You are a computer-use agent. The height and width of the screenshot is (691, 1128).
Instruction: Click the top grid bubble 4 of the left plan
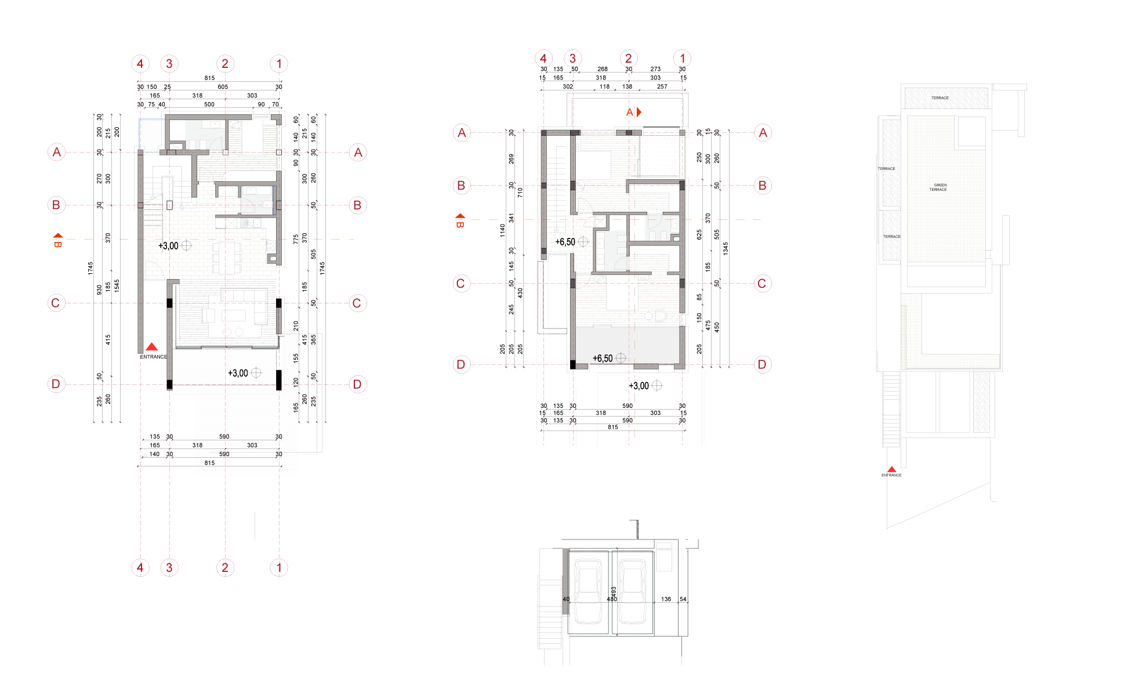[140, 64]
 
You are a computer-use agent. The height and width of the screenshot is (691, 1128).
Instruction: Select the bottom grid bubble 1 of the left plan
[279, 567]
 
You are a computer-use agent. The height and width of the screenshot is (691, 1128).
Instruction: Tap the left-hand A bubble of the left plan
[56, 153]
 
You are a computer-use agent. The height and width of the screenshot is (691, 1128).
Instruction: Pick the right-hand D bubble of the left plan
[357, 384]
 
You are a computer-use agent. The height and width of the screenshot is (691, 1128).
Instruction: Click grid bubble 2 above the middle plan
[629, 59]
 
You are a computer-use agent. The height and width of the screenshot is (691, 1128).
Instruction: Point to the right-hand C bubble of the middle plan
[763, 284]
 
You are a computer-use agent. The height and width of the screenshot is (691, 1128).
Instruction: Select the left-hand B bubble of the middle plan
[461, 186]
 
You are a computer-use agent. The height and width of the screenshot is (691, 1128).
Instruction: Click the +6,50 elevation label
[603, 359]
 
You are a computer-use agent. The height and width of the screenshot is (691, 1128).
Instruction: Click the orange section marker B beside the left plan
[57, 240]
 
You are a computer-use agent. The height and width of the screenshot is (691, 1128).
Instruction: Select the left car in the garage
[588, 591]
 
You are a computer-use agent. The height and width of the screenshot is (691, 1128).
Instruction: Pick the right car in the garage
[632, 591]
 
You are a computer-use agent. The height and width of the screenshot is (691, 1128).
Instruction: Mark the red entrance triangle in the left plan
[151, 346]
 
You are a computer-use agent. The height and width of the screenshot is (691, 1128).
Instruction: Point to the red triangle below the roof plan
[891, 469]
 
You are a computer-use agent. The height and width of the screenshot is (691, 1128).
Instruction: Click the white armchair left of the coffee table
[208, 315]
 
